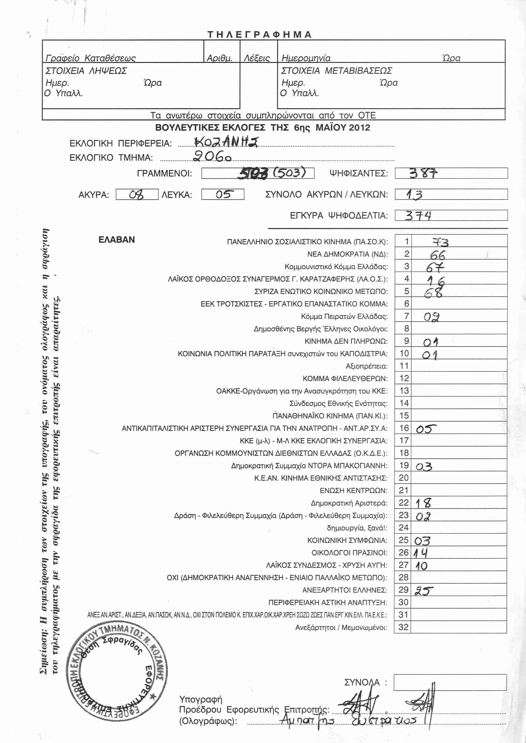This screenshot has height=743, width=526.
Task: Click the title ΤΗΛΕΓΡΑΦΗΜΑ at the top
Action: point(259,34)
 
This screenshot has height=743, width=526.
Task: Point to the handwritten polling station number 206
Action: point(212,157)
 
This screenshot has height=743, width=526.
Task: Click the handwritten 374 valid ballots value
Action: point(418,215)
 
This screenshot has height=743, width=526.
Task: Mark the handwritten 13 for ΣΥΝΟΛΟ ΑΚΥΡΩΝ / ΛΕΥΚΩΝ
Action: point(414,194)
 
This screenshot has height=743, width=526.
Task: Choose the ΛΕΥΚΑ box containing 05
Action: point(223,194)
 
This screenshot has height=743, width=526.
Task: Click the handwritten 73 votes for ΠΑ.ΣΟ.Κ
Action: point(440,242)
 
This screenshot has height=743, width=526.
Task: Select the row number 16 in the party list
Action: point(404,428)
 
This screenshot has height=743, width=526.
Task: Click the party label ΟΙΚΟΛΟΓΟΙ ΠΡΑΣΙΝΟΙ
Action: point(349,552)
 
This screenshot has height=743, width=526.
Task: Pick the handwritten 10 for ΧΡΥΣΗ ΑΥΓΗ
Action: point(421,566)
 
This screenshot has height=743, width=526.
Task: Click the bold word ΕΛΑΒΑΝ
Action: point(117,240)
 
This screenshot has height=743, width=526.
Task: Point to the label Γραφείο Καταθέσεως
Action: point(91,58)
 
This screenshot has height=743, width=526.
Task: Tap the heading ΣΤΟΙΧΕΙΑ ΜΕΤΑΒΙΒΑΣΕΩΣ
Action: point(336,71)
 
